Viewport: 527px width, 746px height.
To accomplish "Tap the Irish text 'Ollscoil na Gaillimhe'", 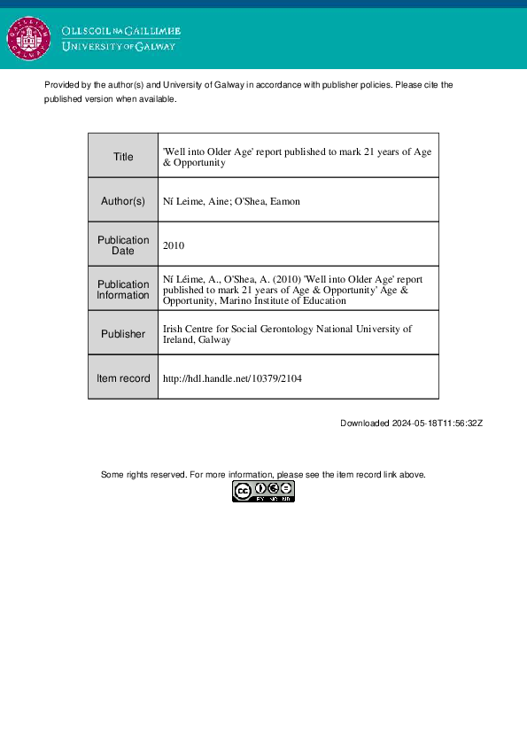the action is tap(120, 31).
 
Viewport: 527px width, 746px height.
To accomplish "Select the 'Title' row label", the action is tap(123, 157).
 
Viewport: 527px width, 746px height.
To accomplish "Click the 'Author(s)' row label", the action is tap(123, 201).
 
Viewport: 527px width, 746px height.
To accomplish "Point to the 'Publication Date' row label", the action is tap(123, 245).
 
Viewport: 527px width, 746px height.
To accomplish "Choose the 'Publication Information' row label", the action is tap(123, 290).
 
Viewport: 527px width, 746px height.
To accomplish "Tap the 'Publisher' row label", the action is tap(123, 334).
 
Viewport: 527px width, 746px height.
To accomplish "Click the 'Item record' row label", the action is tap(123, 378).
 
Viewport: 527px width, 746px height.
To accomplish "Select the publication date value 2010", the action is tap(174, 245).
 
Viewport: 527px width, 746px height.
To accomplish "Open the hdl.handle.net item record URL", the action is tap(233, 378).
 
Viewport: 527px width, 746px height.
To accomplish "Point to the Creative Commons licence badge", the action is tap(263, 492).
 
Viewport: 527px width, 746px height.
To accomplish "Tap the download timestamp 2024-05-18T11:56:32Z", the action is tap(437, 424).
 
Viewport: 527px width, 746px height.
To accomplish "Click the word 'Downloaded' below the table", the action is tap(365, 424).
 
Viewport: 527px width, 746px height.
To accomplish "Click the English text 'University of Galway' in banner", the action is tap(119, 47).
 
